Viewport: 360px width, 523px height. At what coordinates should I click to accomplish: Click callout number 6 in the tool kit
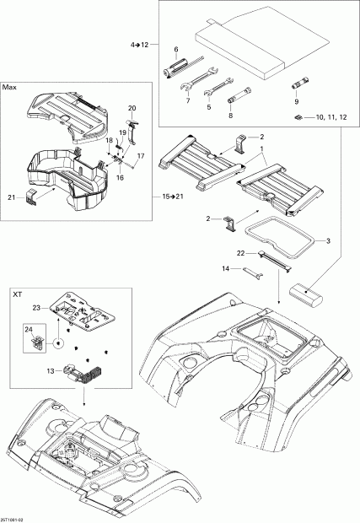coord(175,50)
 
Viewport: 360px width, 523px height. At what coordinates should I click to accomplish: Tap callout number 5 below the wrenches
coord(208,107)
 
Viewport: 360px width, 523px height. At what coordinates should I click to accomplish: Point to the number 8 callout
coord(230,117)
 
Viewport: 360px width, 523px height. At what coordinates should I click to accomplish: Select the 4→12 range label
coord(139,43)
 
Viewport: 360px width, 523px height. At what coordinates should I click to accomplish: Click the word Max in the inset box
coord(10,87)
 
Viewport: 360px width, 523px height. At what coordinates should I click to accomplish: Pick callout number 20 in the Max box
coord(132,108)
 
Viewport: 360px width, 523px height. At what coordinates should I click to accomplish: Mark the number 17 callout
coord(141,156)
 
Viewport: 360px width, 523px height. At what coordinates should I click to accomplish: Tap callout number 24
coord(29,329)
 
